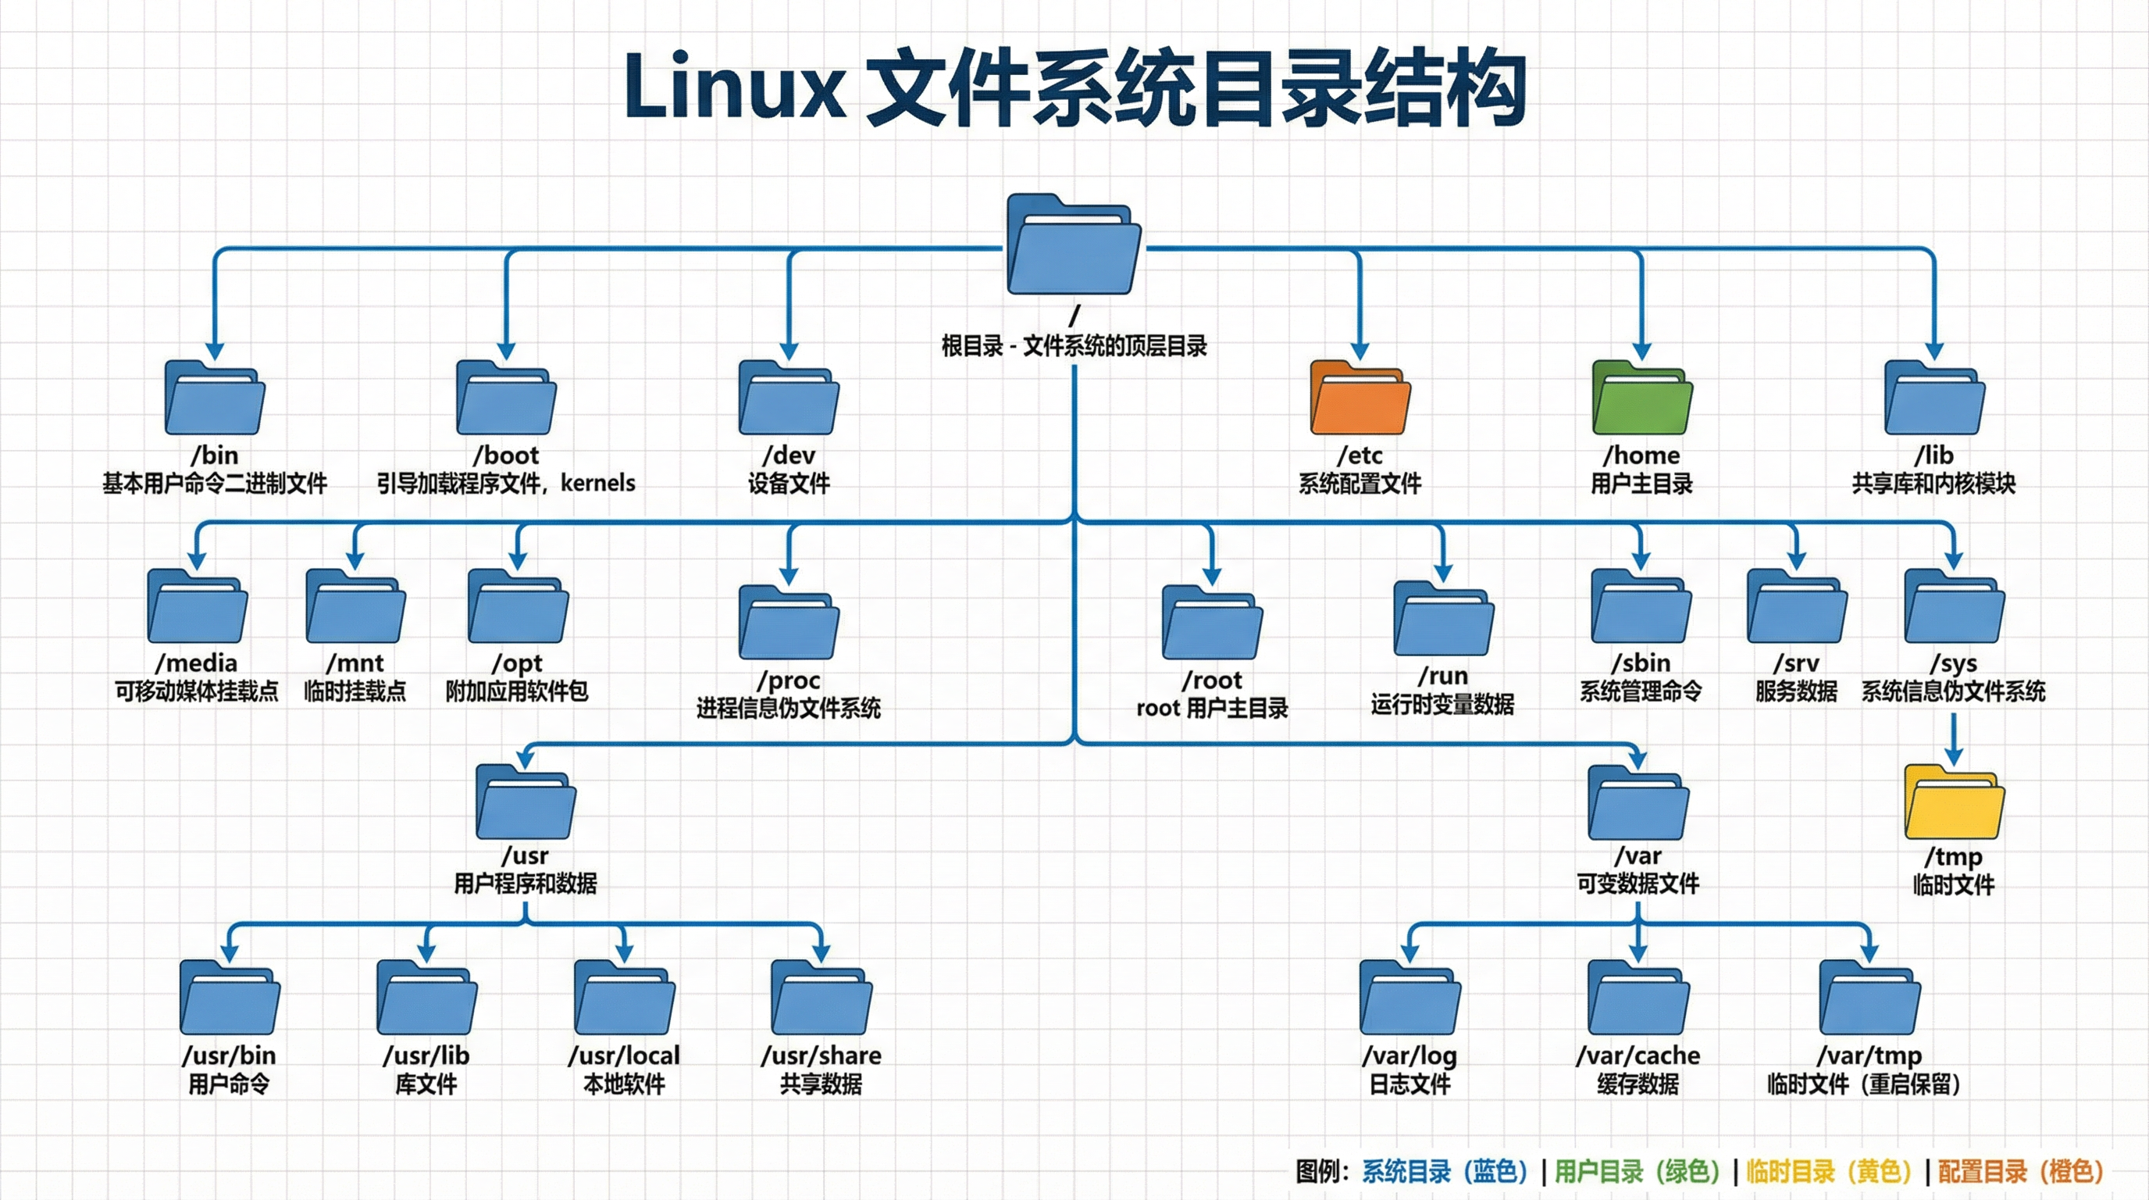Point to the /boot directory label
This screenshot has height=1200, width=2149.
point(505,455)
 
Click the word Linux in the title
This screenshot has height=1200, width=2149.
point(734,87)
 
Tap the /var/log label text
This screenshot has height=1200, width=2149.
point(1410,1055)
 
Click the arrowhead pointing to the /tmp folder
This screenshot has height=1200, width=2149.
point(1954,756)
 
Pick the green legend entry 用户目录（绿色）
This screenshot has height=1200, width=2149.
point(1637,1172)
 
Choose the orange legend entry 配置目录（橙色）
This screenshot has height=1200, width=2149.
point(2019,1172)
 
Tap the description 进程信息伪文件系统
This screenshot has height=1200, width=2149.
point(789,709)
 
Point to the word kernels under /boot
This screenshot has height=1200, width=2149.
point(597,483)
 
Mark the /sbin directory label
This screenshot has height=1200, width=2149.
point(1641,663)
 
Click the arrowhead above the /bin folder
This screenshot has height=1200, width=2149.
point(215,351)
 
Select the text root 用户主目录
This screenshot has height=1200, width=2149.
point(1211,709)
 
